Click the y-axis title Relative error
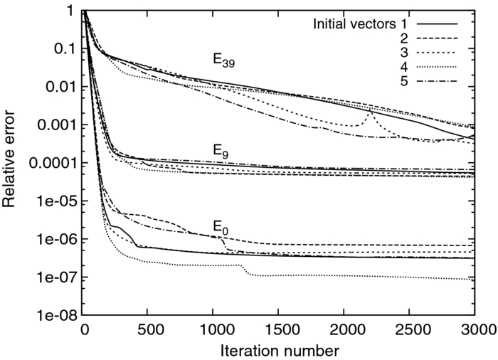click(x=10, y=163)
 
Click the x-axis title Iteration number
click(x=279, y=351)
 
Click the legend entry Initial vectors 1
click(x=356, y=23)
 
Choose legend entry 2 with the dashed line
click(x=403, y=38)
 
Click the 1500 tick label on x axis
click(x=279, y=329)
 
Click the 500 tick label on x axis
click(x=149, y=329)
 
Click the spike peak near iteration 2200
click(x=370, y=112)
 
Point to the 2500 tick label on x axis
click(x=409, y=329)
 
